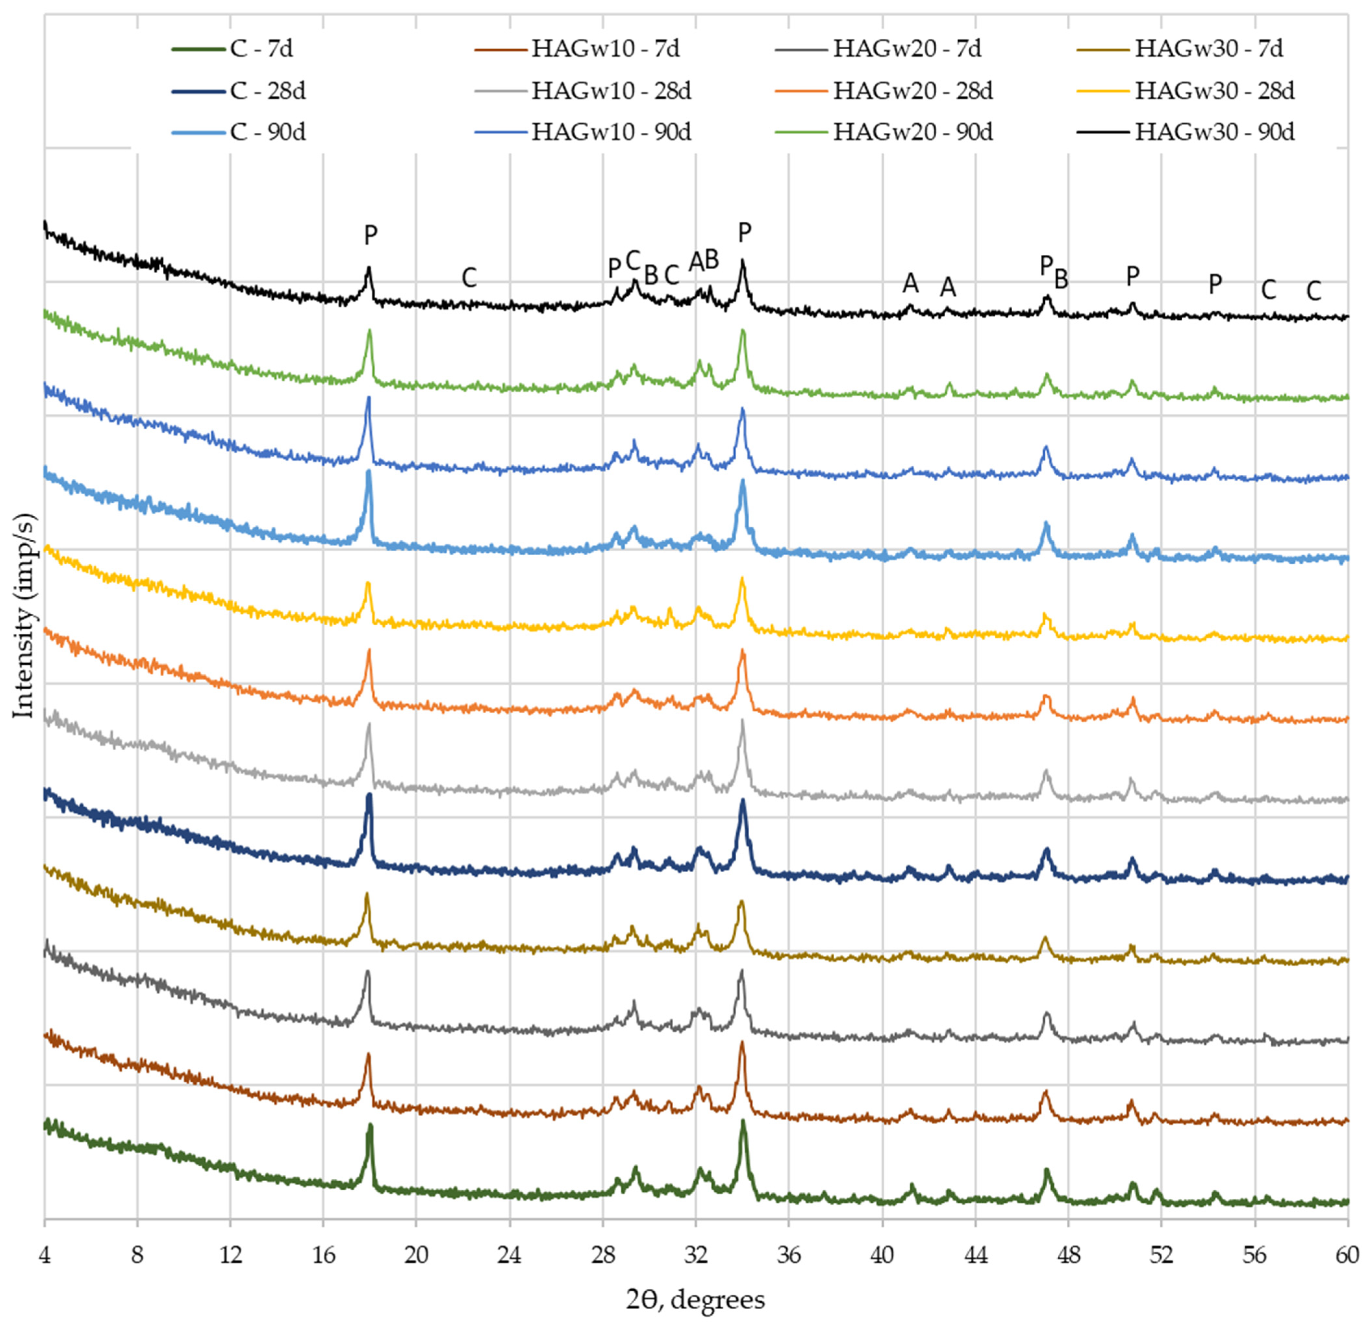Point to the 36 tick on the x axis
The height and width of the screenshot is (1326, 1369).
[x=789, y=1255]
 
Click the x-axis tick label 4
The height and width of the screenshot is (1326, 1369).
[x=44, y=1255]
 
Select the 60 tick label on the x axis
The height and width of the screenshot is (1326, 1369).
[x=1347, y=1255]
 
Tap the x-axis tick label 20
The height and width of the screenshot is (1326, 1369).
[x=416, y=1255]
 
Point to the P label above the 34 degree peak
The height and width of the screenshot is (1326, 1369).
[x=745, y=232]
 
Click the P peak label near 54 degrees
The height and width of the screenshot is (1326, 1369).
[x=1215, y=284]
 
